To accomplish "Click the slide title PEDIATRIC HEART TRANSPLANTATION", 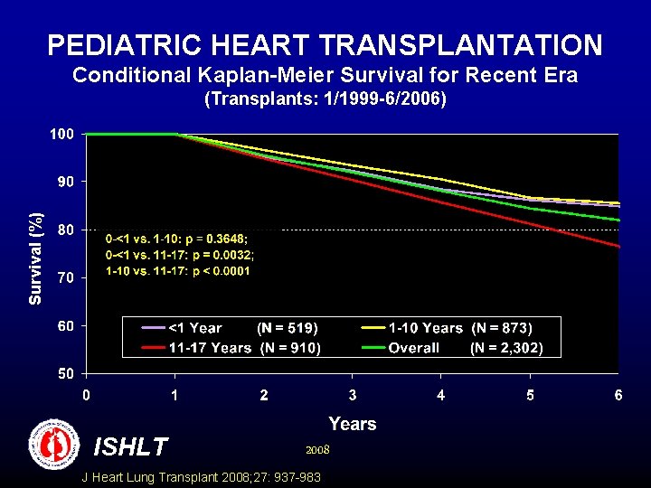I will coord(325,44).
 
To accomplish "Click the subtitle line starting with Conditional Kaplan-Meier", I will coord(325,75).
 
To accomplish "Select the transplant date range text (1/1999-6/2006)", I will coord(325,99).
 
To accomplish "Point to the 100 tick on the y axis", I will coord(61,134).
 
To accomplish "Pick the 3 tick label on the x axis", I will coord(352,395).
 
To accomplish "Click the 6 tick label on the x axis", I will coord(618,395).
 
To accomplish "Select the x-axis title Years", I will coord(353,424).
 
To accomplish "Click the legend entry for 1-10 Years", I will coord(425,328).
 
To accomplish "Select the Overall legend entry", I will coord(413,348).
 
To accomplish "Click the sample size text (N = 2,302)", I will coord(506,348).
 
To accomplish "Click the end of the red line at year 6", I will coord(618,246).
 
